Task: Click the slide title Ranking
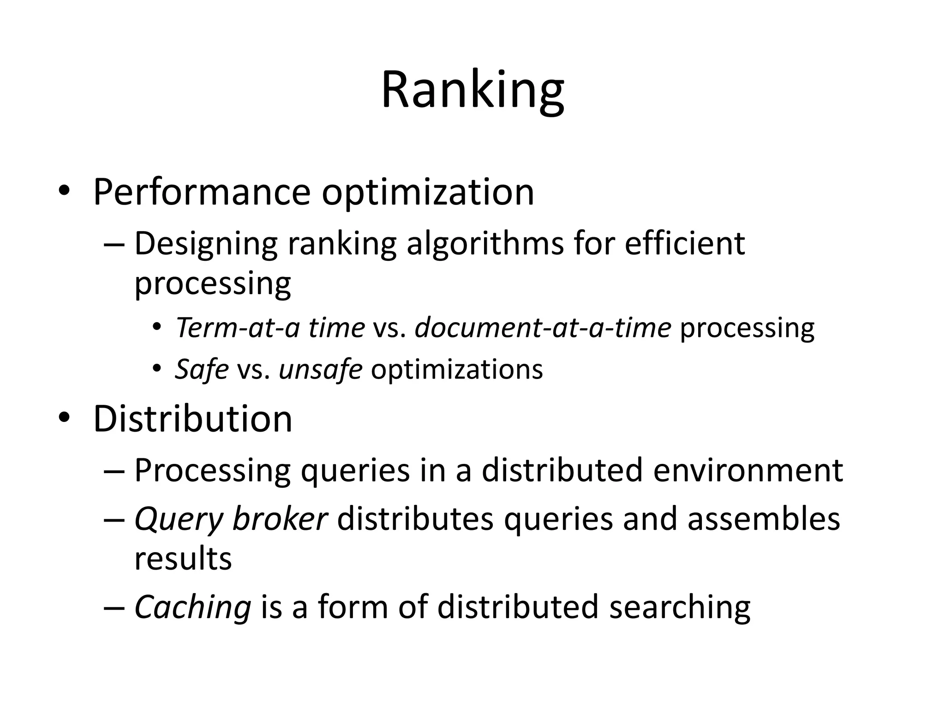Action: point(472,90)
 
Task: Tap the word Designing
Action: point(206,244)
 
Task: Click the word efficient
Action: point(685,243)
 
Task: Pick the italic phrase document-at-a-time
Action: point(543,328)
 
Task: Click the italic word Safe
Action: point(202,369)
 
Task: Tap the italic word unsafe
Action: point(320,369)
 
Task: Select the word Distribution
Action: point(193,419)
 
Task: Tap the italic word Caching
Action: point(192,607)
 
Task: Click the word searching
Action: point(680,607)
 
